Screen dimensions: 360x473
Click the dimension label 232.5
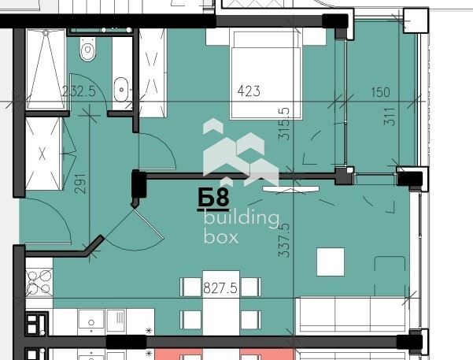click(79, 91)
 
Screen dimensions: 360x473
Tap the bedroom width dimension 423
click(249, 91)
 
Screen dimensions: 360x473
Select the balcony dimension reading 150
click(380, 92)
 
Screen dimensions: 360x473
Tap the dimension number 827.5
click(221, 288)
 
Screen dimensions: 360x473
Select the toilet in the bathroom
click(88, 52)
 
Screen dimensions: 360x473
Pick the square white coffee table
click(331, 262)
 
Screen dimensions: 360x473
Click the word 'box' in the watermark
click(220, 236)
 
